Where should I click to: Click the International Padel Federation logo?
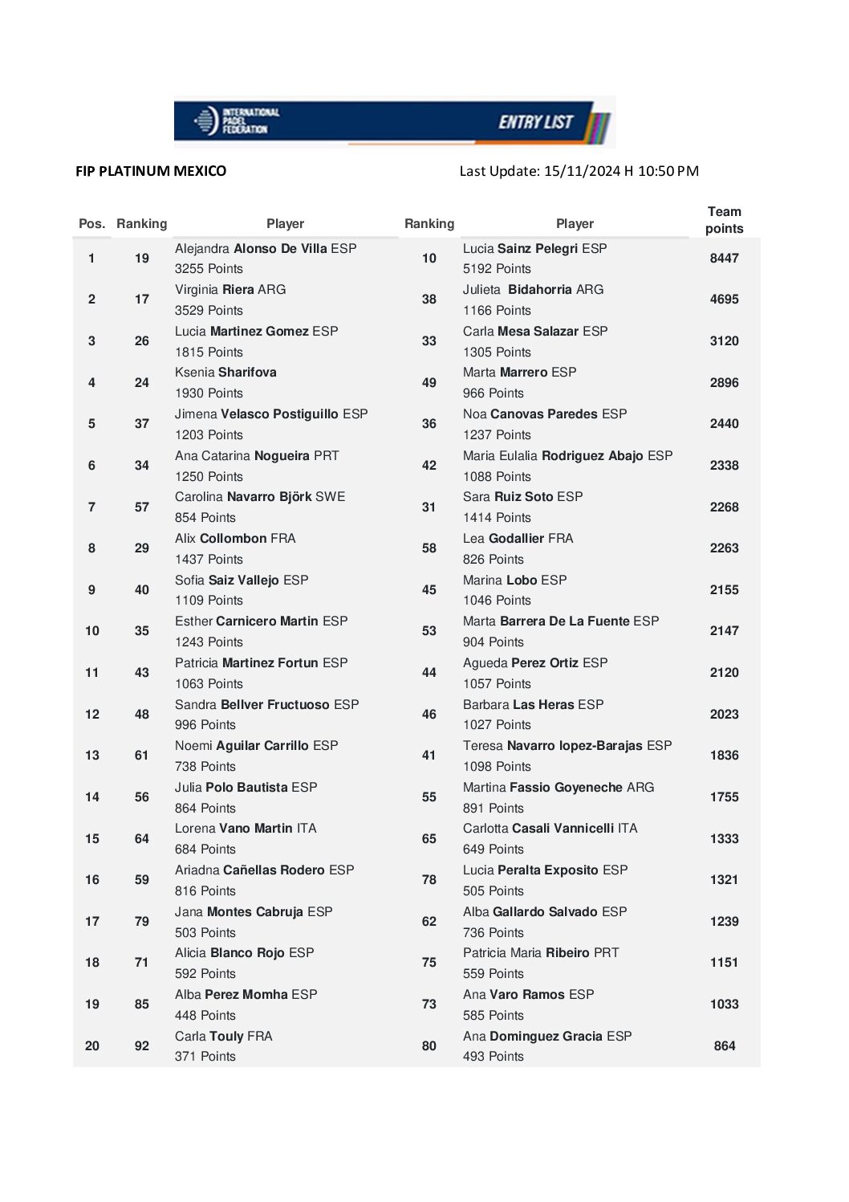236,121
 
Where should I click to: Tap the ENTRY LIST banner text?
535,122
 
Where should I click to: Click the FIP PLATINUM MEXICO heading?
151,171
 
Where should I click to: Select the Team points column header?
724,220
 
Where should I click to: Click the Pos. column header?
91,224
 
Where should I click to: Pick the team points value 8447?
724,259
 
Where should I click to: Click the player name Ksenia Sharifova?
225,373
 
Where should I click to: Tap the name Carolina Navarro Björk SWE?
260,497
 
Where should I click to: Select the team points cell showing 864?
724,1046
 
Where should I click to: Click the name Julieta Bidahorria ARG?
533,290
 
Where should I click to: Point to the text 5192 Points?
497,269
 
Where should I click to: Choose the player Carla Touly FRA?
224,1037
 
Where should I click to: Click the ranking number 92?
142,1046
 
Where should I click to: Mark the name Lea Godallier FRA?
518,539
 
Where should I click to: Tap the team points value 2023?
724,715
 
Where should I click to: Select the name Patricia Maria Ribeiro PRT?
541,953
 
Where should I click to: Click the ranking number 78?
429,880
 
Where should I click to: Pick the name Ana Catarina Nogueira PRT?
257,456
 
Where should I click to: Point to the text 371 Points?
205,1057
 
